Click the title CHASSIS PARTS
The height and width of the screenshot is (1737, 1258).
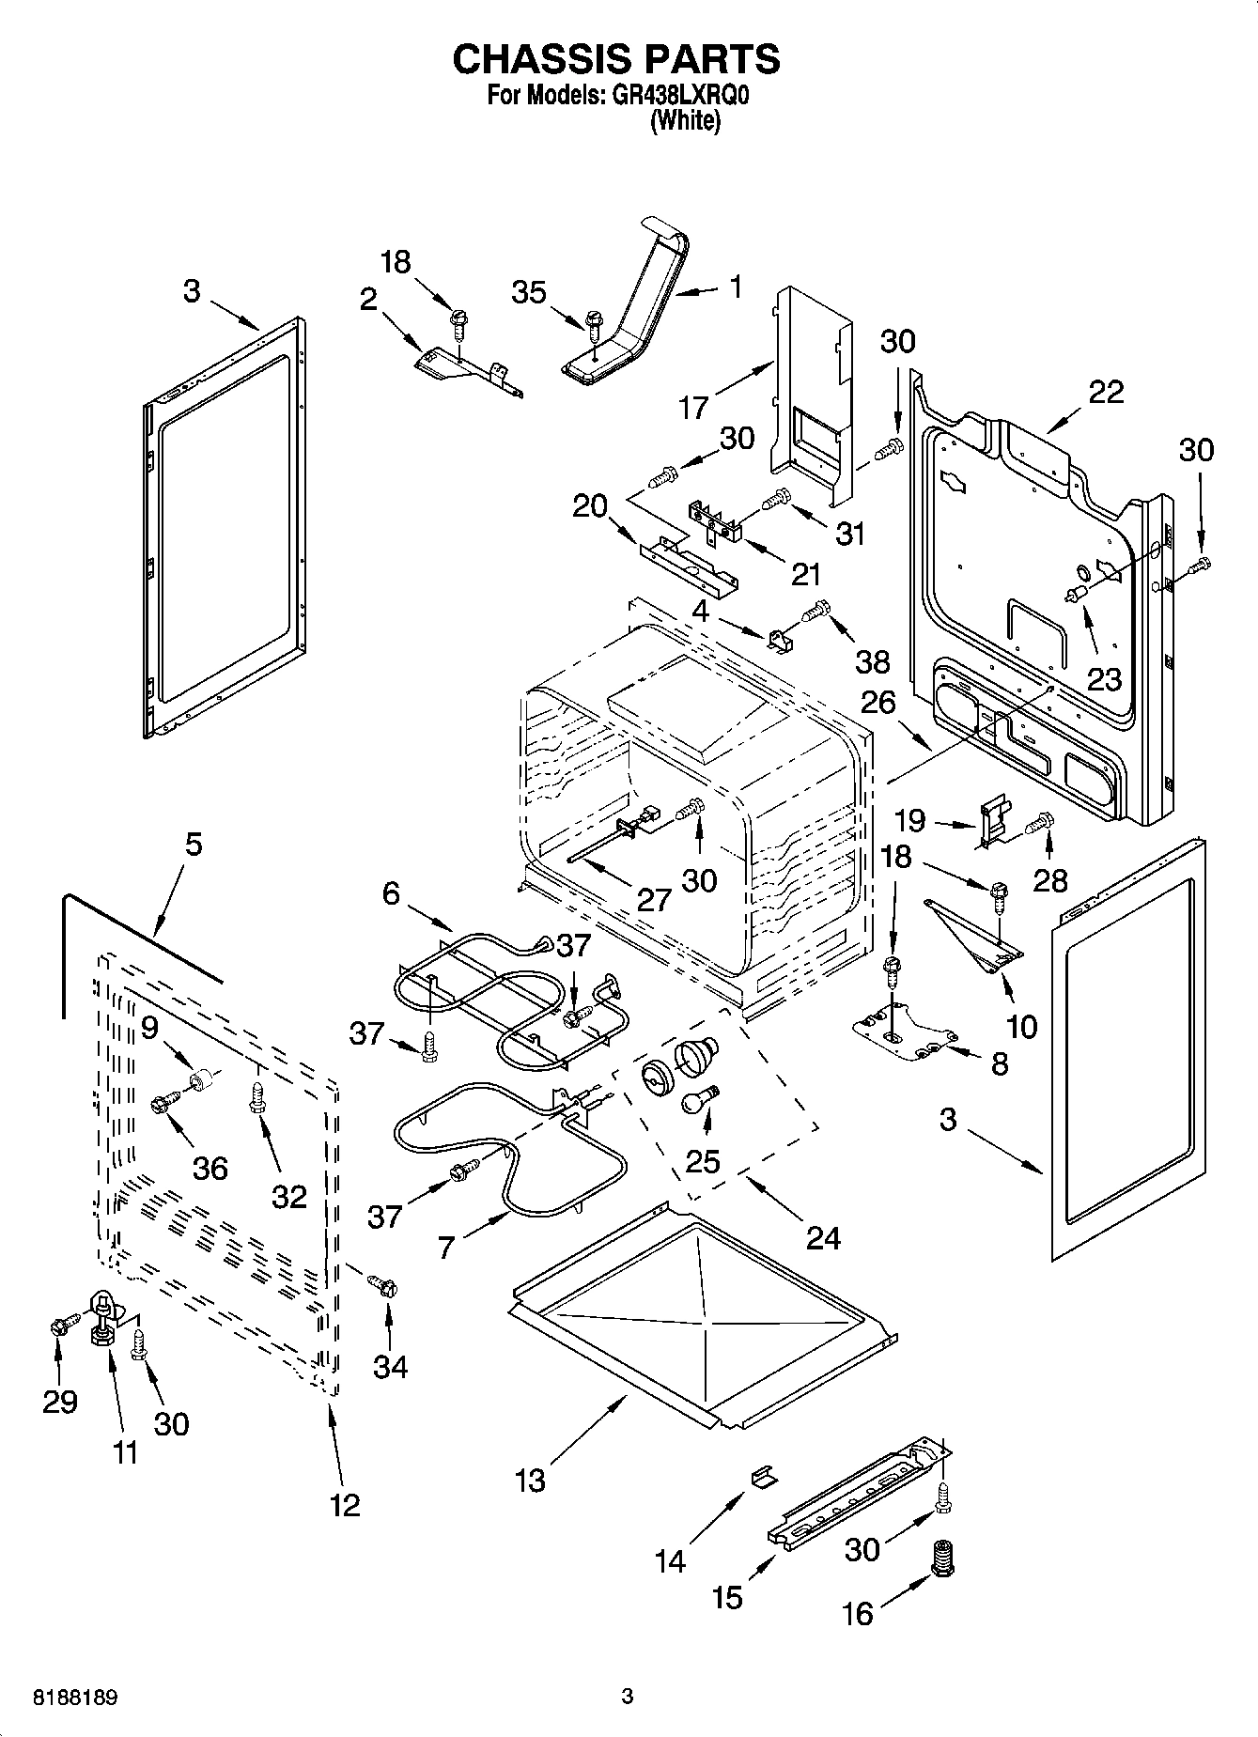coord(615,58)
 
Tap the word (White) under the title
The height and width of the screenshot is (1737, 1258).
coord(685,121)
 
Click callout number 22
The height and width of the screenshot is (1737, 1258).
coord(1105,392)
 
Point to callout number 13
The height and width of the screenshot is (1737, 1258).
coord(530,1481)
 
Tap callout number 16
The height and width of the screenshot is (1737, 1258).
coord(857,1613)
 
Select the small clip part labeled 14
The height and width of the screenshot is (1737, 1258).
coord(765,1477)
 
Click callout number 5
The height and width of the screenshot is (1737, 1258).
coord(193,844)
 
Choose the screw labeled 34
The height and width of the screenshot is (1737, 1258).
coord(381,1283)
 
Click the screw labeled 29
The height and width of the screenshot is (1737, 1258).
coord(59,1326)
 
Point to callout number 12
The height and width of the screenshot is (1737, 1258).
coord(345,1505)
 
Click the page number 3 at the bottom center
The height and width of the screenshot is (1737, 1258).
coord(628,1697)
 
